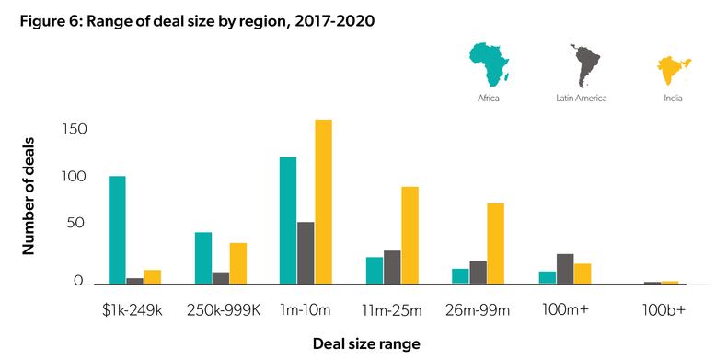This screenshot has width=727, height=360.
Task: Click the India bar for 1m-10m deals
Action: click(x=323, y=202)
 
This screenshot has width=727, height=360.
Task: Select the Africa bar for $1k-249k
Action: click(x=117, y=229)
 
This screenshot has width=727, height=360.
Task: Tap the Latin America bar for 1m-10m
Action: click(x=306, y=252)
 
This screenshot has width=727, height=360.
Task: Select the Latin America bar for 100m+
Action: click(x=565, y=269)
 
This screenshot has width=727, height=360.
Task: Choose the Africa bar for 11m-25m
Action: click(x=375, y=270)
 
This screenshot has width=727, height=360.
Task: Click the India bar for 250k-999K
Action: click(x=237, y=263)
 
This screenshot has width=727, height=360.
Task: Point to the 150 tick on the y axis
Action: click(x=74, y=129)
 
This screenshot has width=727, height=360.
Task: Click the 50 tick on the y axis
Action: click(x=78, y=224)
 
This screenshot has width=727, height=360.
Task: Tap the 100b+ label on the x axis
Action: click(x=663, y=310)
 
